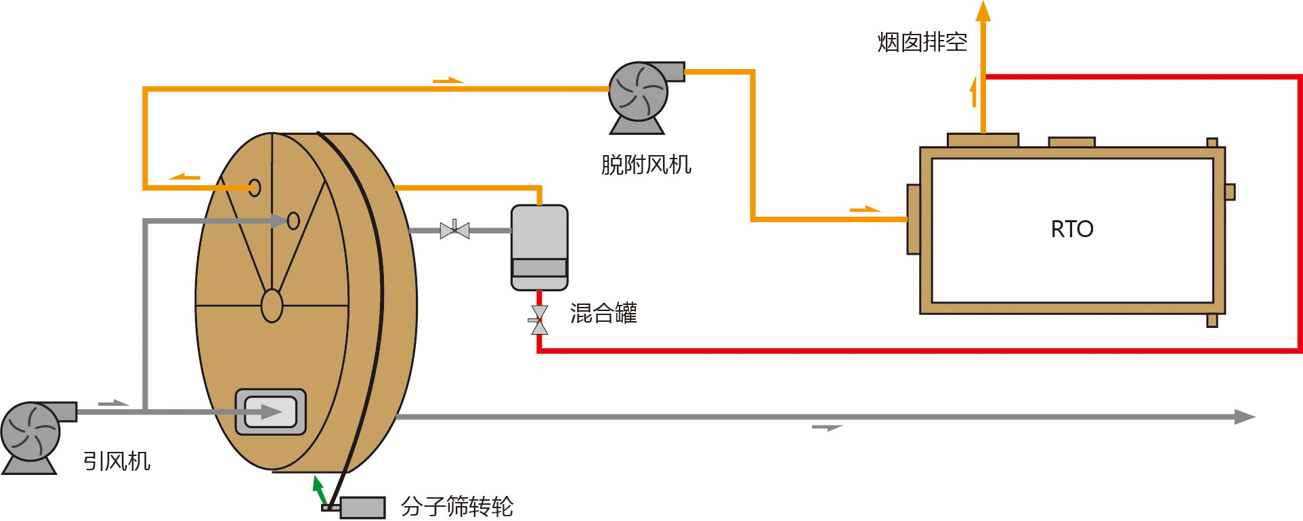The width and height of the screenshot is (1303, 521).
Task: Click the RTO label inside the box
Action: pyautogui.click(x=1071, y=229)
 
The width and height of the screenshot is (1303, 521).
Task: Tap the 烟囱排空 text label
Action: pyautogui.click(x=922, y=42)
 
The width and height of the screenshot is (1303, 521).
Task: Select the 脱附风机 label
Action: pyautogui.click(x=645, y=165)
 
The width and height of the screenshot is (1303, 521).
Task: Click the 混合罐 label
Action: pyautogui.click(x=603, y=313)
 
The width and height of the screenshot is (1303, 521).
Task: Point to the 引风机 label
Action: pyautogui.click(x=116, y=461)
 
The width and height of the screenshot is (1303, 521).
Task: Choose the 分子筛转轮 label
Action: pyautogui.click(x=456, y=506)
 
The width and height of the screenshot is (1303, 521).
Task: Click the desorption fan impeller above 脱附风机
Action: pyautogui.click(x=638, y=91)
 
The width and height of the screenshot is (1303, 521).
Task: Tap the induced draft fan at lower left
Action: pyautogui.click(x=30, y=432)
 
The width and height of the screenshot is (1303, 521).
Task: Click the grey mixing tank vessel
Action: pyautogui.click(x=539, y=247)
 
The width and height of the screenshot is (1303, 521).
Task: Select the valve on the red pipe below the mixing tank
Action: pyautogui.click(x=539, y=320)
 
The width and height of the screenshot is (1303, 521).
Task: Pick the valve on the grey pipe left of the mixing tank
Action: pyautogui.click(x=454, y=230)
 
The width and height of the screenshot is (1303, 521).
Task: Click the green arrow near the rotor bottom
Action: pyautogui.click(x=319, y=488)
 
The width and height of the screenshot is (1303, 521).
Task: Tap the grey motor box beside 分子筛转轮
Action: pyautogui.click(x=362, y=507)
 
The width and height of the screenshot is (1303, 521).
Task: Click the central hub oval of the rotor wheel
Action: pyautogui.click(x=272, y=306)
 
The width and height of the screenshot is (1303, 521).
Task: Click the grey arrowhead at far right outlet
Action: pyautogui.click(x=1244, y=417)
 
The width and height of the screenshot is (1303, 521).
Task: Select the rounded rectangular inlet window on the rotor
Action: pyautogui.click(x=270, y=411)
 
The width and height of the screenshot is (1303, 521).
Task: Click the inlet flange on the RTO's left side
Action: pyautogui.click(x=913, y=219)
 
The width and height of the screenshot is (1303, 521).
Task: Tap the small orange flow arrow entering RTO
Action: pyautogui.click(x=865, y=209)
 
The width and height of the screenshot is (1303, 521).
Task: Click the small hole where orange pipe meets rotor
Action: pyautogui.click(x=255, y=188)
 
